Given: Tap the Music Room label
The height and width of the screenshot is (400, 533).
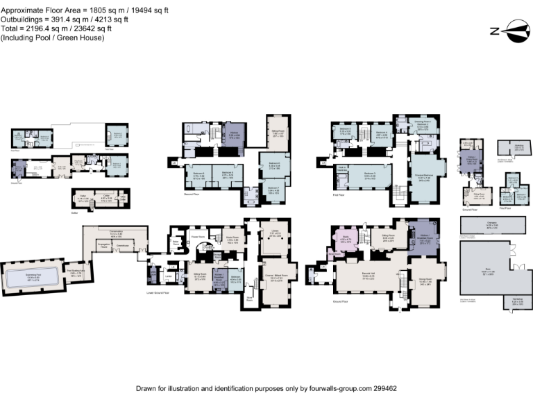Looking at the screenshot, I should point(232,240).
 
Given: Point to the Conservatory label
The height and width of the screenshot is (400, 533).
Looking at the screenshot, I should point(115,233).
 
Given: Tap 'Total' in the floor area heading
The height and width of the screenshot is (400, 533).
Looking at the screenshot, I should point(10,29).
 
